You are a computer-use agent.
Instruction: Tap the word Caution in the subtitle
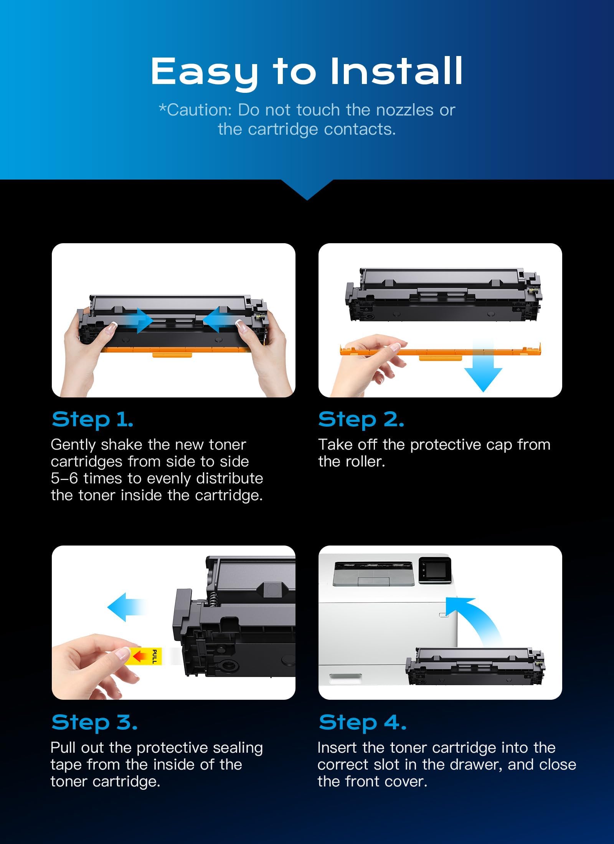pos(198,110)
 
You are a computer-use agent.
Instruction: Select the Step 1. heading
pos(92,419)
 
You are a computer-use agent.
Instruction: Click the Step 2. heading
pos(361,419)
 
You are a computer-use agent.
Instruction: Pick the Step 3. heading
pos(94,722)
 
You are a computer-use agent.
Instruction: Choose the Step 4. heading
pos(363,722)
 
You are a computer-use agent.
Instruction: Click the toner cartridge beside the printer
pos(475,667)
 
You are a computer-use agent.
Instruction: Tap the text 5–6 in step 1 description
pos(64,478)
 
